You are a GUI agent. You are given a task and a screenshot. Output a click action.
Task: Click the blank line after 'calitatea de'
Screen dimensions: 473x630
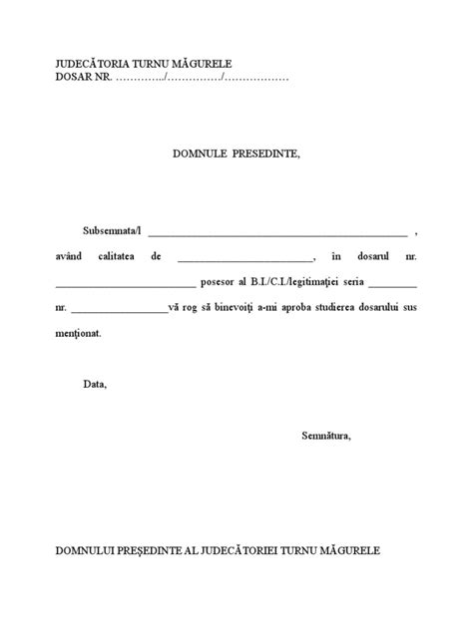point(244,258)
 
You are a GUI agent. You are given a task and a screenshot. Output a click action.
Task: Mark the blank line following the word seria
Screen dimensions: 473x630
point(392,284)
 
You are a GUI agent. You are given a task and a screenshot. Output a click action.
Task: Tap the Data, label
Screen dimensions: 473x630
point(95,384)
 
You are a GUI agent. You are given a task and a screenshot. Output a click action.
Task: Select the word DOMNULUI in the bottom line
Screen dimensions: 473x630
point(89,550)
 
